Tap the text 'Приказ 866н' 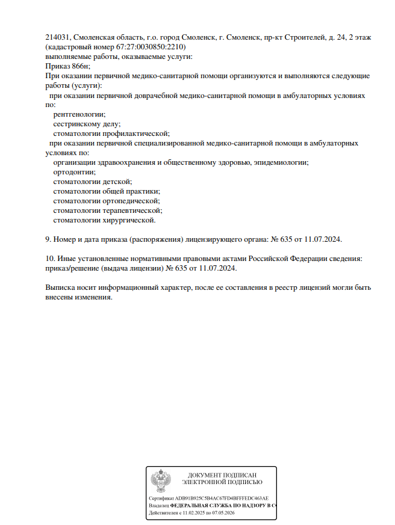(67, 66)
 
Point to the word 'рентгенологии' (79, 114)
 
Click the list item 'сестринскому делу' (87, 124)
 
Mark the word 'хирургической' (128, 220)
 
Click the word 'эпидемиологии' (285, 162)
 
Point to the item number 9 (48, 239)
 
